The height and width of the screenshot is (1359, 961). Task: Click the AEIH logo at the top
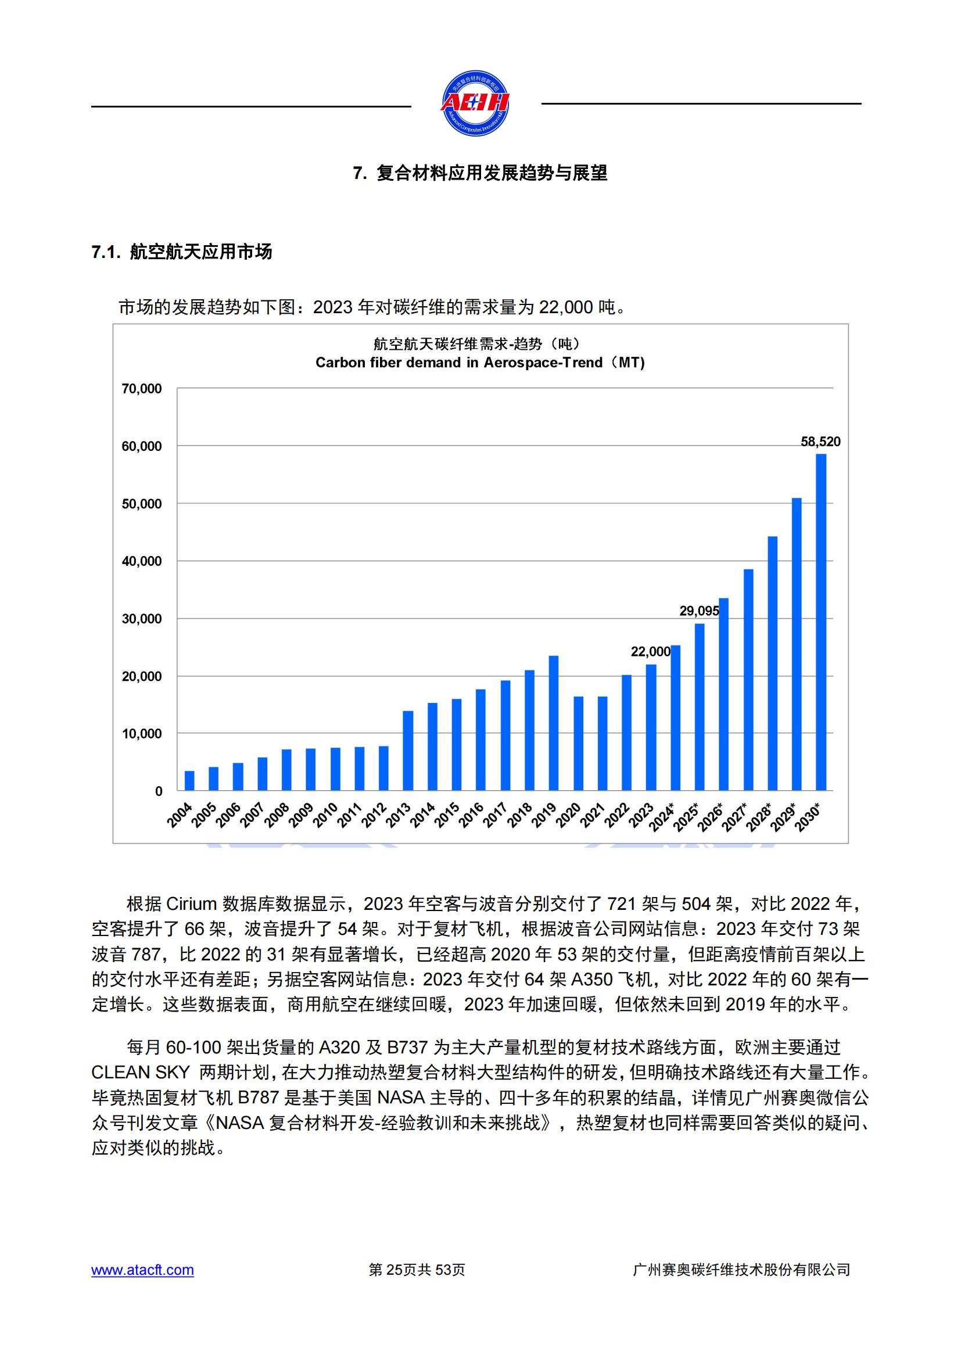(x=475, y=103)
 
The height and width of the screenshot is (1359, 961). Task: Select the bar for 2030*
(x=821, y=622)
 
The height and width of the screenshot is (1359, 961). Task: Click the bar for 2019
(x=554, y=723)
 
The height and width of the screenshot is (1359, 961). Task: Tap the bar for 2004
(x=189, y=781)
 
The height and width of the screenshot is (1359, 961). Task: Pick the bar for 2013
(x=408, y=751)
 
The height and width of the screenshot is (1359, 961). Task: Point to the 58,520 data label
(x=820, y=442)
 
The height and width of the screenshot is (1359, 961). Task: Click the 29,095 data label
(x=699, y=611)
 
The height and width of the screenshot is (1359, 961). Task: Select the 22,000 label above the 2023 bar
(x=650, y=652)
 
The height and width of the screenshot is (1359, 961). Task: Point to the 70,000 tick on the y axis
(x=141, y=389)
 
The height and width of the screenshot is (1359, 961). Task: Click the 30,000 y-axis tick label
(x=141, y=619)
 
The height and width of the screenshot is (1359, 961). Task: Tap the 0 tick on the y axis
(x=159, y=791)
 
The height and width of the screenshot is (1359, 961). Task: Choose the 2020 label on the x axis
(x=569, y=815)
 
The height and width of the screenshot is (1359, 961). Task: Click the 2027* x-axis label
(x=736, y=817)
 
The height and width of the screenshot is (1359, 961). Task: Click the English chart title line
(x=480, y=362)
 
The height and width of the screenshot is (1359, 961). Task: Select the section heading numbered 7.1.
(x=182, y=252)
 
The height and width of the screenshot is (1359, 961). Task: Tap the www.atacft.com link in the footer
(x=142, y=1270)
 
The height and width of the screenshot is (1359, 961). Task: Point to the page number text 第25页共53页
(x=417, y=1270)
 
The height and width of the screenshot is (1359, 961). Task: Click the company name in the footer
(x=741, y=1270)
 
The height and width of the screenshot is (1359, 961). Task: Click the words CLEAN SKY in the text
(x=140, y=1072)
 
